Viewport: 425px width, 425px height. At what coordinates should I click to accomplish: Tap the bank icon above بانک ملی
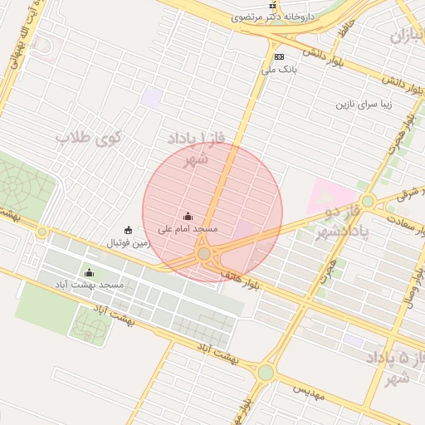[x=279, y=56]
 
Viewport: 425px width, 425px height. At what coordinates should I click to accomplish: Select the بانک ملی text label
[x=279, y=70]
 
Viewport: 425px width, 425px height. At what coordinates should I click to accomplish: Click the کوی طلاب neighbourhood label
[x=89, y=138]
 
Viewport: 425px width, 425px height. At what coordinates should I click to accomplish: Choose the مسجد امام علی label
[x=188, y=228]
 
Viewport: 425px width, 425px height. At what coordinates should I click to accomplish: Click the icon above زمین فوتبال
[x=128, y=230]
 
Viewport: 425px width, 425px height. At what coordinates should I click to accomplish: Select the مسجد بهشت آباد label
[x=90, y=285]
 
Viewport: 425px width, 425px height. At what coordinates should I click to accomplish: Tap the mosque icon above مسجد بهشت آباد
[x=90, y=272]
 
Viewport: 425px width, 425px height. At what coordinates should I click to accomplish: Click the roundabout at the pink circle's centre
[x=204, y=253]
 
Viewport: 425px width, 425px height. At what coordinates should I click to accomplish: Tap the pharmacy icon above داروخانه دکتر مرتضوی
[x=271, y=4]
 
